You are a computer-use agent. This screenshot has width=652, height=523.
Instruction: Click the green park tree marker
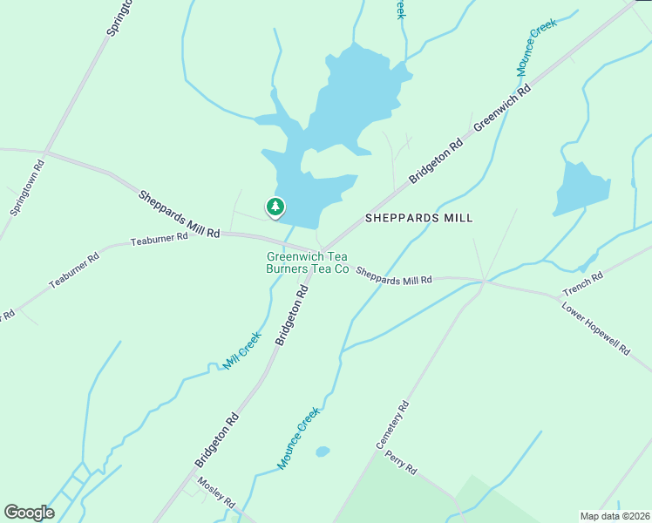coord(275,207)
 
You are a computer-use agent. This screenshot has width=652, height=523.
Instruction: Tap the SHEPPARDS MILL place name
coord(418,218)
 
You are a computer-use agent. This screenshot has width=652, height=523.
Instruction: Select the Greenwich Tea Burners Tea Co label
coord(308,263)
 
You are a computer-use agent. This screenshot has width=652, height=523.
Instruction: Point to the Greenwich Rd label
coord(502,110)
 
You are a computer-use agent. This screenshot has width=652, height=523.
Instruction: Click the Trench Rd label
coord(583,283)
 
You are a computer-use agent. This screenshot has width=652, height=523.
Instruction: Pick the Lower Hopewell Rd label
coord(596,329)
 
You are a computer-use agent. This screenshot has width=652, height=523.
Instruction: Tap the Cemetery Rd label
coord(392,425)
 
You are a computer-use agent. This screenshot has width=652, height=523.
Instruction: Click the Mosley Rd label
coord(215,492)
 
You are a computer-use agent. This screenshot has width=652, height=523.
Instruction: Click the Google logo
coord(29,513)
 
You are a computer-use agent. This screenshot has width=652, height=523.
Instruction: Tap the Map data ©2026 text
coord(615,516)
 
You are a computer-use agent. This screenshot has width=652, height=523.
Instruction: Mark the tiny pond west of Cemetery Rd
coord(323,452)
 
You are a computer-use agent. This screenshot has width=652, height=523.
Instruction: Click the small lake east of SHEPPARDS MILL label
coord(580,187)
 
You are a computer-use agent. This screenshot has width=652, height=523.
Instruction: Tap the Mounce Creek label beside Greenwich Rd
coord(535,48)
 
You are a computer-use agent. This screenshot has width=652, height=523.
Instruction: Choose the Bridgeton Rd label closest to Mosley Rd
coord(217,440)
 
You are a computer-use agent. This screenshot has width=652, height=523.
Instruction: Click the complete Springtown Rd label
coord(27,187)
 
